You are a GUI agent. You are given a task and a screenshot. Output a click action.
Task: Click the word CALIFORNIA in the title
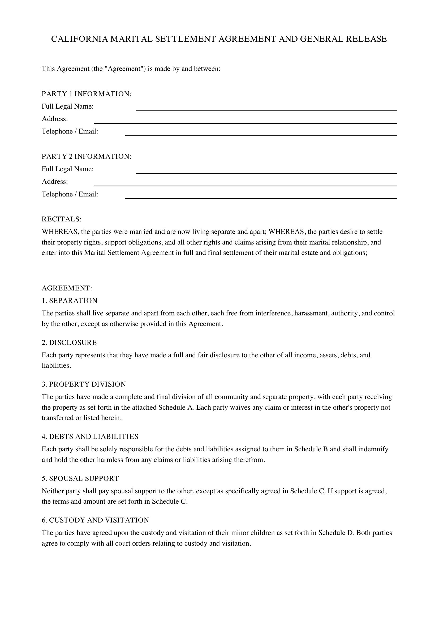coord(79,39)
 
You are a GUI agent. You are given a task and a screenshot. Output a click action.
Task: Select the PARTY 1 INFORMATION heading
coord(86,94)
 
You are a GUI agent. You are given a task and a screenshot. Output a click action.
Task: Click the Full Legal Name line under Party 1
coord(266,108)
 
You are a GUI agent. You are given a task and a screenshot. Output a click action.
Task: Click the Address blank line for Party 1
coord(245,121)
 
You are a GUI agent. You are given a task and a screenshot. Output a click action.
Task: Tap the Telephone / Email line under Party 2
coord(261,196)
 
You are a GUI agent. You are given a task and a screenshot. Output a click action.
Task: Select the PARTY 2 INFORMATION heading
coord(86,157)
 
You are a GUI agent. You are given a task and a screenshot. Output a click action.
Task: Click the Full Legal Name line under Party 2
coord(266,171)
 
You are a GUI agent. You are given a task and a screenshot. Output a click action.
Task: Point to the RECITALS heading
coord(61,219)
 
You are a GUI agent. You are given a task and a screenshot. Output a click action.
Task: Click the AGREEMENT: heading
coord(67,288)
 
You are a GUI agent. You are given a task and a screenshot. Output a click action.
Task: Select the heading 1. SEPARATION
coord(70,301)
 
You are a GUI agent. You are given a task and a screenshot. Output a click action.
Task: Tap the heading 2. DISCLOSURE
coord(69,343)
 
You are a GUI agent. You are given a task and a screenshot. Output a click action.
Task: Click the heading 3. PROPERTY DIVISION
coord(84,384)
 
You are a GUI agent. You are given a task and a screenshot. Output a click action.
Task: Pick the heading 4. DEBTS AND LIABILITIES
coord(90,436)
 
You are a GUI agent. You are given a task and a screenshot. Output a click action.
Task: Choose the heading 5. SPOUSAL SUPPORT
coord(80,478)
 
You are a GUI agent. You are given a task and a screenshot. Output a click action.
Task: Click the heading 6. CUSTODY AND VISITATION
coord(95,520)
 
